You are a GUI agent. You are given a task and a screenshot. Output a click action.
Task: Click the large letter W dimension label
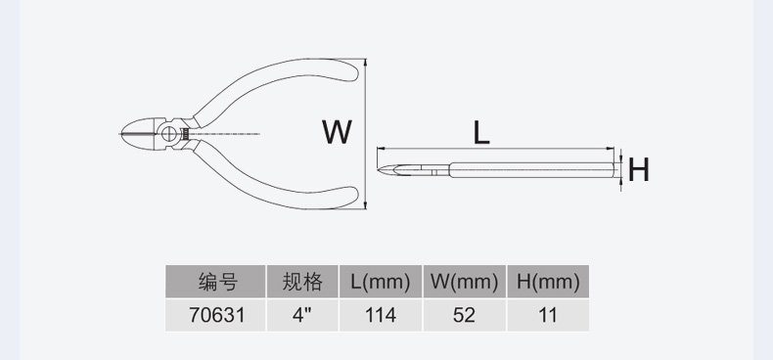click(x=337, y=132)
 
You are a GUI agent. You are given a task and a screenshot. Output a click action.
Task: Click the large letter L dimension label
click(x=480, y=132)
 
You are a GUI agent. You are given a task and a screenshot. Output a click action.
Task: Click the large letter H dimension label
click(x=639, y=170)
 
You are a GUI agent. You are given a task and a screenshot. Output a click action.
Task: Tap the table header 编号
click(x=217, y=283)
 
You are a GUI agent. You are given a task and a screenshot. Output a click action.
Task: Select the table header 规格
click(x=302, y=283)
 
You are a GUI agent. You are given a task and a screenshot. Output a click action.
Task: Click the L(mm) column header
click(x=381, y=283)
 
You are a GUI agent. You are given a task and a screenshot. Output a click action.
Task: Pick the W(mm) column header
click(x=465, y=283)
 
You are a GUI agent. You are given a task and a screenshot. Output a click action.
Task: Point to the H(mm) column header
click(x=548, y=283)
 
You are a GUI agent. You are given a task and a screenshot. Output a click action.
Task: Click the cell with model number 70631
click(x=217, y=315)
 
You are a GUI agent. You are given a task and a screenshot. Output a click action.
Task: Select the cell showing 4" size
click(x=302, y=315)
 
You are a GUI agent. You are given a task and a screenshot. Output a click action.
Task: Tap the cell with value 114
click(x=381, y=315)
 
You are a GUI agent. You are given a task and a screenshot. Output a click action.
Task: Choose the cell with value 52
click(x=465, y=315)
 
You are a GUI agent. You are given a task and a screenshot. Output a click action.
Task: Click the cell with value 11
click(x=548, y=315)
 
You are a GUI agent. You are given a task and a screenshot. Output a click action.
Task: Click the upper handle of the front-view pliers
click(x=284, y=73)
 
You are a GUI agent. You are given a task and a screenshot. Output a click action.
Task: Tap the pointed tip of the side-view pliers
click(x=382, y=170)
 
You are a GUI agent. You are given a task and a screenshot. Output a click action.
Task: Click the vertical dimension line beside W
click(x=365, y=133)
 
